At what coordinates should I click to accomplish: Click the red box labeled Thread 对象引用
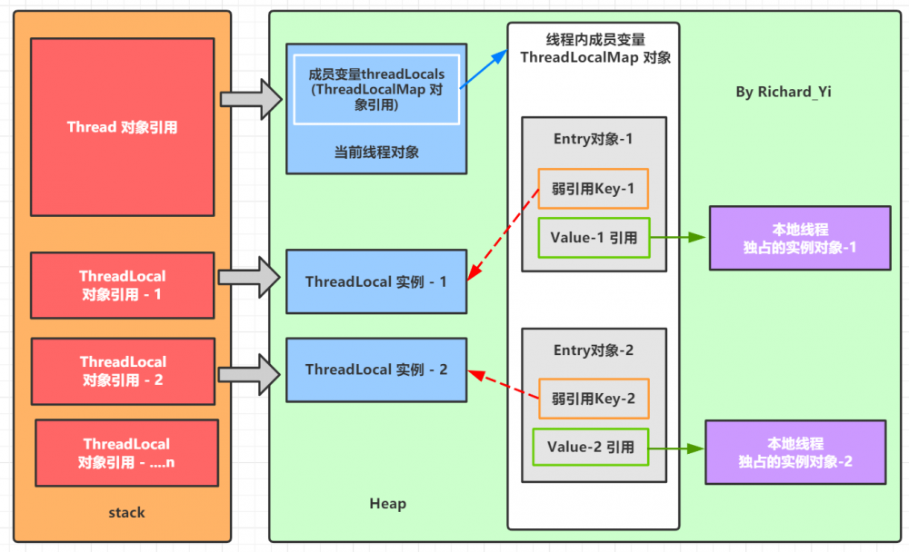pyautogui.click(x=122, y=127)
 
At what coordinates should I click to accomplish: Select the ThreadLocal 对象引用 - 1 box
pyautogui.click(x=122, y=284)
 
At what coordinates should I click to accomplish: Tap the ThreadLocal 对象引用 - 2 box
pyautogui.click(x=122, y=370)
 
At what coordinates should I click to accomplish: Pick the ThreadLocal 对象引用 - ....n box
pyautogui.click(x=126, y=452)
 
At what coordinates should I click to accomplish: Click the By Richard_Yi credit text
pyautogui.click(x=782, y=93)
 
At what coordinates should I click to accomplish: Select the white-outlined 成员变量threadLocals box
pyautogui.click(x=376, y=89)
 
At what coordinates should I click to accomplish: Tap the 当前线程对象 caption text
pyautogui.click(x=376, y=152)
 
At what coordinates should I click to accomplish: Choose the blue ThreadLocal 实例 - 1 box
pyautogui.click(x=376, y=281)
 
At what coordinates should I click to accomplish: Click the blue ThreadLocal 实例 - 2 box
pyautogui.click(x=376, y=370)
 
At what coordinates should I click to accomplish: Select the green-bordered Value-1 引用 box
pyautogui.click(x=594, y=239)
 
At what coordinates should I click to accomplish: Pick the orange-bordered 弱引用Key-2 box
pyautogui.click(x=594, y=399)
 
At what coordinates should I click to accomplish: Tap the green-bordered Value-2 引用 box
pyautogui.click(x=590, y=448)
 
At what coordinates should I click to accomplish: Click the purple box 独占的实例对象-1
pyautogui.click(x=799, y=238)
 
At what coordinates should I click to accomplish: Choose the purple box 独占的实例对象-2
pyautogui.click(x=795, y=452)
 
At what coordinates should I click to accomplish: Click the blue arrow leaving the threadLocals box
pyautogui.click(x=484, y=69)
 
